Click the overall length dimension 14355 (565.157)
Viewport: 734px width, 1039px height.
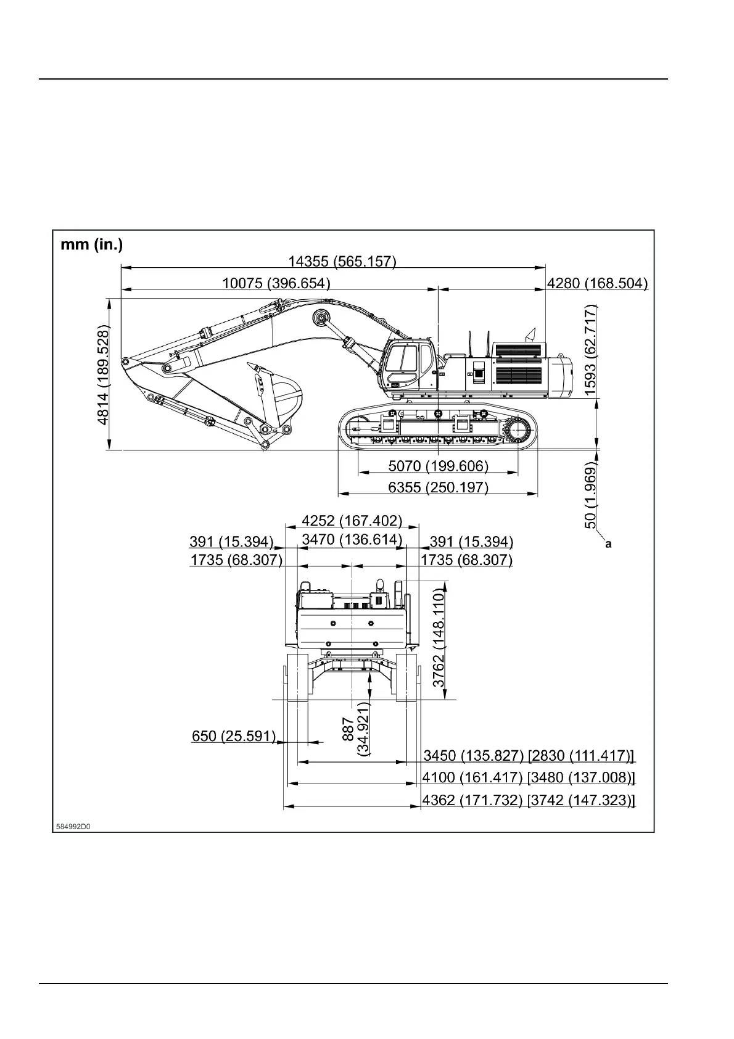342,261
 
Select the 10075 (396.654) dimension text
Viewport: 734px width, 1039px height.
276,283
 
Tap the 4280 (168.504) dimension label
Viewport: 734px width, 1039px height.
597,283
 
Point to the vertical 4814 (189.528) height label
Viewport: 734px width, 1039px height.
104,376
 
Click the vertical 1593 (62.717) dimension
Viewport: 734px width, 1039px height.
590,350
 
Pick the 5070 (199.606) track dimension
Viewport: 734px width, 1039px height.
438,465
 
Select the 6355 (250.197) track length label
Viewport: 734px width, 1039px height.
438,487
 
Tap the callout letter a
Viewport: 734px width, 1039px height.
608,544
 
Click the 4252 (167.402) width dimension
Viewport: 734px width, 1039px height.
352,521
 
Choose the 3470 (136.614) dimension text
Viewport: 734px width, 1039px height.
352,540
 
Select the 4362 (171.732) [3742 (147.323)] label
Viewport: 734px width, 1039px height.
529,800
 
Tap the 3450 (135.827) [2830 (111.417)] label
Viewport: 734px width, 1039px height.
529,755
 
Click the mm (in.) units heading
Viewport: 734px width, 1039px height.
91,245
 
